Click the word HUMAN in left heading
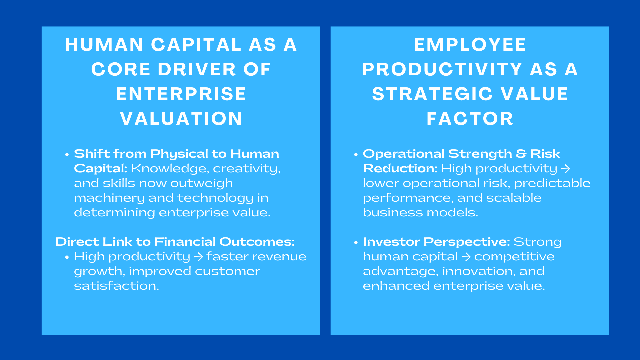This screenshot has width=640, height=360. pos(104,45)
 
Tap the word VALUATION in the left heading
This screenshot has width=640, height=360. pos(181,119)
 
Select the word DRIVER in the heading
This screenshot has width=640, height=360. pos(197,69)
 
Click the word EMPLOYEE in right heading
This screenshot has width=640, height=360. pos(470,45)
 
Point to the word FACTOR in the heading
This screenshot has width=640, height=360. pos(470,119)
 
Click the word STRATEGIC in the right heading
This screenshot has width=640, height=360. pos(432,94)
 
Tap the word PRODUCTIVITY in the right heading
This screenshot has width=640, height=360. pos(442,69)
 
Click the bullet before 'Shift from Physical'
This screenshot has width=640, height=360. pos(67,155)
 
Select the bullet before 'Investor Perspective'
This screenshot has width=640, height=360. pos(356,242)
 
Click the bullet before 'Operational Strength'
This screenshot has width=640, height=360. pos(356,155)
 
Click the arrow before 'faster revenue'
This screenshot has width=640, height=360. pos(198,257)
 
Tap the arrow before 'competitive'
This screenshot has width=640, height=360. pos(466,257)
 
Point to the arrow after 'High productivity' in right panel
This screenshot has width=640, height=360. pos(565,169)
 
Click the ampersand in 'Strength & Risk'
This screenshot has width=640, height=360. pos(521,154)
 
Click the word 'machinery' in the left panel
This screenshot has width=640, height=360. pos(109,198)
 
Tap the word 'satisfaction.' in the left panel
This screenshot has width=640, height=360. pos(116,286)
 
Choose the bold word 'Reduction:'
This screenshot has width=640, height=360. pos(400,169)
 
